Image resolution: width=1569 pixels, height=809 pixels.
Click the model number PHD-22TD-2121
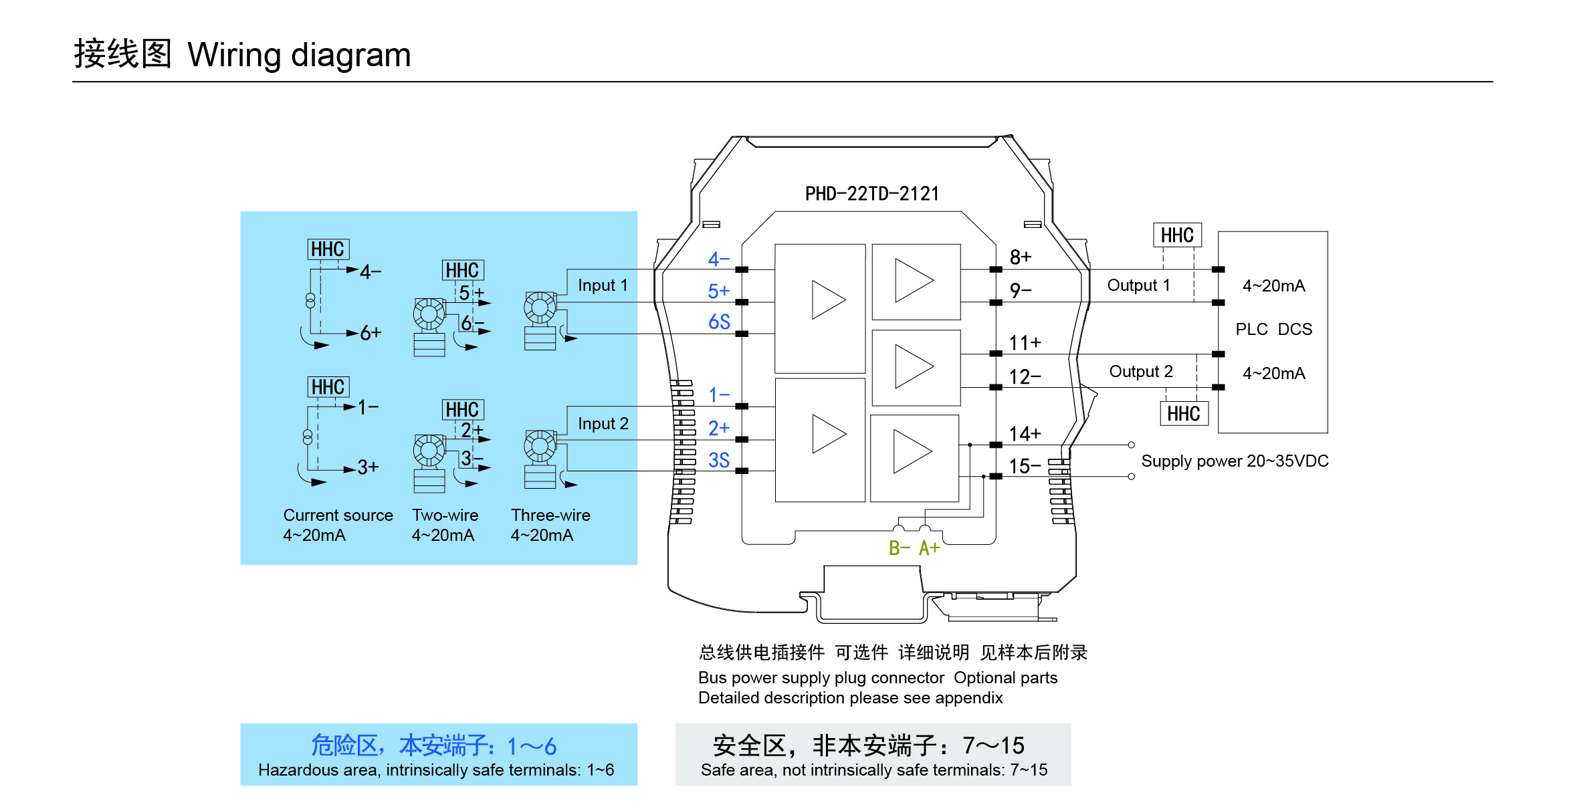tap(871, 194)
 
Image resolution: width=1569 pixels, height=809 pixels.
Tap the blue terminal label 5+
tap(718, 292)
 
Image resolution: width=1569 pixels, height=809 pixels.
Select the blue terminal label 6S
tap(719, 322)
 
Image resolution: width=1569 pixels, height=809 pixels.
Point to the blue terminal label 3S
tap(719, 460)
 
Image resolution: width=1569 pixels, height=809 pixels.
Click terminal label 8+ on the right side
tap(1021, 257)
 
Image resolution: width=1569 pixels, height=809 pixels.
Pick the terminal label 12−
tap(1025, 377)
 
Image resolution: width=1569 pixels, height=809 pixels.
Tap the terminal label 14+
tap(1025, 434)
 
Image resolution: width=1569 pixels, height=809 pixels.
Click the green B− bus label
tap(899, 548)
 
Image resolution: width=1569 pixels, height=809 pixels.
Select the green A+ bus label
tap(929, 548)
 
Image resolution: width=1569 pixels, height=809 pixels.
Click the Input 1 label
tap(603, 285)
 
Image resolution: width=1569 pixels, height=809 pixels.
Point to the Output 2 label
tap(1141, 372)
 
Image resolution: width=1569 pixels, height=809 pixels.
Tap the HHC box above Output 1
tap(1177, 235)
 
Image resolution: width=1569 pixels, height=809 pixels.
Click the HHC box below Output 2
tap(1184, 414)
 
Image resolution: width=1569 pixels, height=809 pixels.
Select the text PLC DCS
tap(1273, 330)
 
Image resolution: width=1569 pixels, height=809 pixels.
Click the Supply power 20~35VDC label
tap(1235, 461)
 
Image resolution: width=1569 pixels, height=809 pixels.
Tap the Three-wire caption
tap(550, 515)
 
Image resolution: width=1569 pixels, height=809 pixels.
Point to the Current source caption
tap(338, 515)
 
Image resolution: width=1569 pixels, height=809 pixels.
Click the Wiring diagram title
tap(299, 55)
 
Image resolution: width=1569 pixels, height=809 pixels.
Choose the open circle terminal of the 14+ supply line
tap(1131, 445)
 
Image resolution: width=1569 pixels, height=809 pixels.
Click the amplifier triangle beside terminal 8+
tap(914, 281)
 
